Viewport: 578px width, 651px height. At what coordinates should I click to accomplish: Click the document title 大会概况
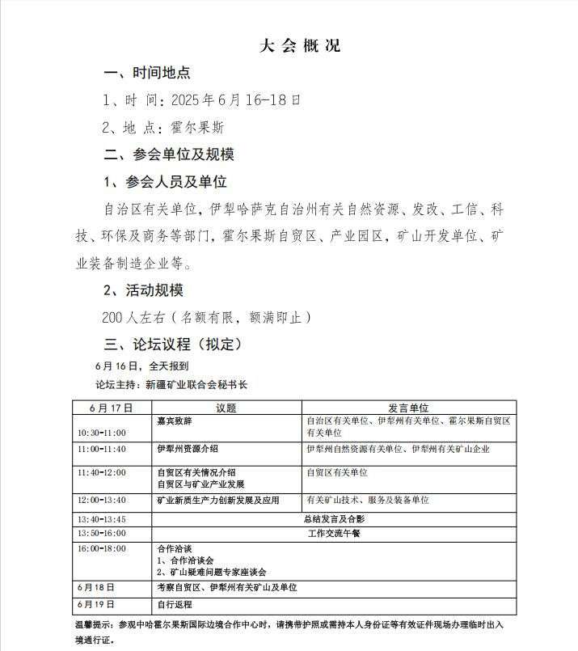(300, 45)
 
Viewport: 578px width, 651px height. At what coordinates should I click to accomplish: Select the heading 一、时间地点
(147, 73)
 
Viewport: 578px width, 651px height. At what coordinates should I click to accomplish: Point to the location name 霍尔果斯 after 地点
(197, 127)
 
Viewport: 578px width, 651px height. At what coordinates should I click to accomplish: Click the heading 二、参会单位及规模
(169, 154)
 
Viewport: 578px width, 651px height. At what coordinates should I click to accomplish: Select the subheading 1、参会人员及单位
(165, 182)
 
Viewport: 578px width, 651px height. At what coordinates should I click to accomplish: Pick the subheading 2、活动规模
(143, 290)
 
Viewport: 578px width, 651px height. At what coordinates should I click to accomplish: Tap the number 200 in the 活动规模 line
(113, 318)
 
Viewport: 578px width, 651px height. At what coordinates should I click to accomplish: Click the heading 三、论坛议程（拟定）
(173, 345)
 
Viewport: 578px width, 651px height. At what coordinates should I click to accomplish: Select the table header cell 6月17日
(112, 408)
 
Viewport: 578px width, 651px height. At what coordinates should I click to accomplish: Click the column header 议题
(226, 408)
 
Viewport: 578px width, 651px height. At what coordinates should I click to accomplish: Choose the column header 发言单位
(408, 408)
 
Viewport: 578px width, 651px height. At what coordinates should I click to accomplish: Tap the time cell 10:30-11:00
(102, 433)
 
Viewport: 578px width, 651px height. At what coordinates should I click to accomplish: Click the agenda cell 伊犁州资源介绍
(187, 449)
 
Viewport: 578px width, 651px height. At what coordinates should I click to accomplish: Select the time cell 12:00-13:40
(102, 501)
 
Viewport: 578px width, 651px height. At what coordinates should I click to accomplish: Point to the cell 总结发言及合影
(333, 518)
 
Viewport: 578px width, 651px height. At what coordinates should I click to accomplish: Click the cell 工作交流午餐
(333, 534)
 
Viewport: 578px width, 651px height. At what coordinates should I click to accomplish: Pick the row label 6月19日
(96, 604)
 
